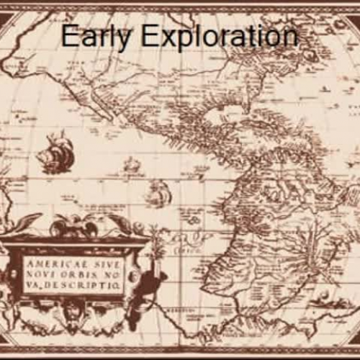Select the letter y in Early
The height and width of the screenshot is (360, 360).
(114, 39)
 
